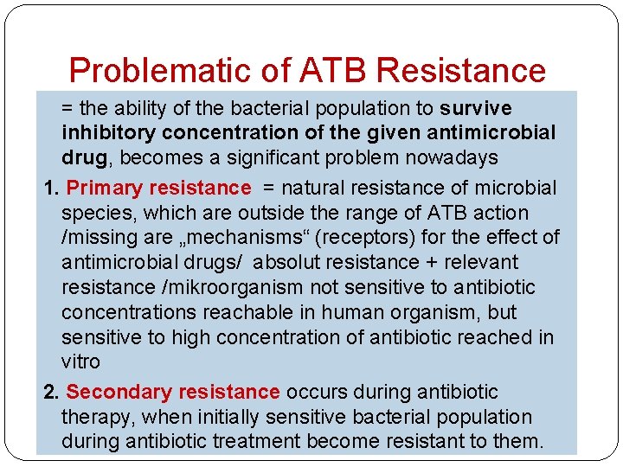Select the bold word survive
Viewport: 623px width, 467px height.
pos(476,109)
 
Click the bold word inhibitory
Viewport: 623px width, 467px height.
pos(109,133)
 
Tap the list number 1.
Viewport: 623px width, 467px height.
pos(50,188)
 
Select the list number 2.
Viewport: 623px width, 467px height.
pos(50,392)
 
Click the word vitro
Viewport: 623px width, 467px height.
pos(80,361)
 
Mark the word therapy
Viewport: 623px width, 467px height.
pos(95,417)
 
